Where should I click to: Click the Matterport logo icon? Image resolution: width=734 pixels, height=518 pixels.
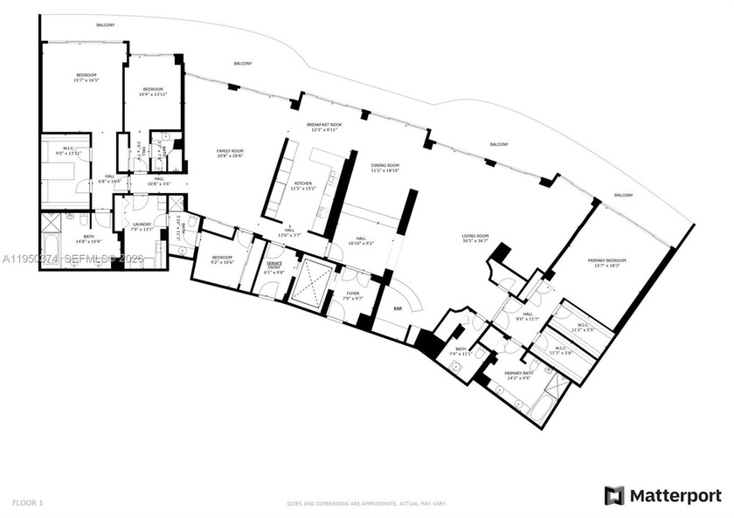614,495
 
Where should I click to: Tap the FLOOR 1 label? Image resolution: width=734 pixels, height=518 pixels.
27,502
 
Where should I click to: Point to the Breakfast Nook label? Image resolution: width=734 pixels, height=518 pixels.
323,126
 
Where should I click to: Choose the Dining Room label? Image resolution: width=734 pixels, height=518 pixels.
384,167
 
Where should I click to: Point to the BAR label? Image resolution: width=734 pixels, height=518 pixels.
397,308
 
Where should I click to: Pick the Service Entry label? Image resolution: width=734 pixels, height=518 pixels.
274,266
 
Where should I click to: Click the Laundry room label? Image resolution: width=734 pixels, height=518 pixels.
142,224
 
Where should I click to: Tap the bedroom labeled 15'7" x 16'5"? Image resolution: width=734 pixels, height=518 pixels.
85,77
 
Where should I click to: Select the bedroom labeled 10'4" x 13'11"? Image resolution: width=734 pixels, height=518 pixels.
154,91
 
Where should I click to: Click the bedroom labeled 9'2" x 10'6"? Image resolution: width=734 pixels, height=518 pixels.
222,259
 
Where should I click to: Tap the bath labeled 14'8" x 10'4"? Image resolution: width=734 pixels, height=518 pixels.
67,239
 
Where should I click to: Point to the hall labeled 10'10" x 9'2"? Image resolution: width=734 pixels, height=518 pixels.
360,240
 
